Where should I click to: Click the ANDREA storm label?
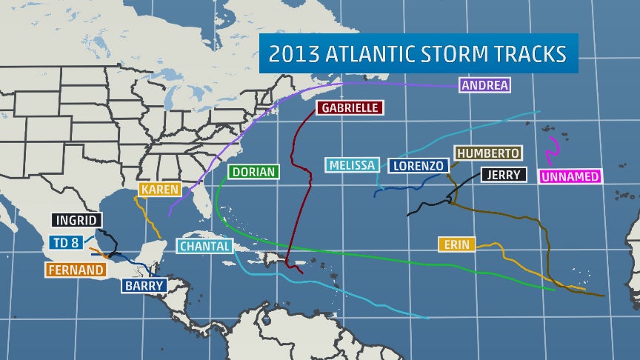484,85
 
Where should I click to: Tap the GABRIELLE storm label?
350,108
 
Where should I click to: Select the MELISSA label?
353,164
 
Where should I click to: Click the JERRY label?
504,176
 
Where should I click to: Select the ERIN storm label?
457,244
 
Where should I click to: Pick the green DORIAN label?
253,172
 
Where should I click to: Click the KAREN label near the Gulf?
160,190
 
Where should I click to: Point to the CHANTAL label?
205,246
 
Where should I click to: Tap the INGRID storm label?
77,220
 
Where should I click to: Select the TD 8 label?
66,242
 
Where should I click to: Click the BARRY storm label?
144,285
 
